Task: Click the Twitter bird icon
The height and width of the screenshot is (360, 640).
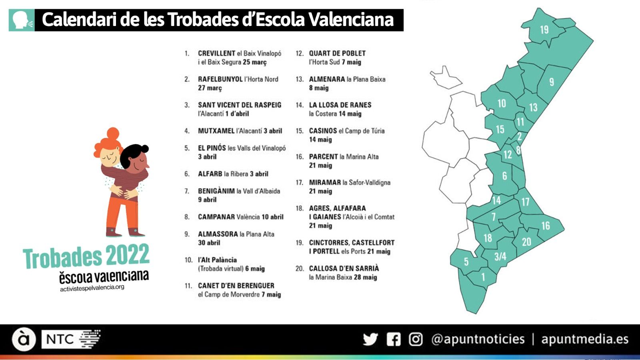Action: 370,339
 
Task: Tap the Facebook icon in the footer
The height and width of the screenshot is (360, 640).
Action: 394,339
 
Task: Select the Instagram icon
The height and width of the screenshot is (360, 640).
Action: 416,339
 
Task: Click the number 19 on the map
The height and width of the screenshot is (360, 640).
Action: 544,30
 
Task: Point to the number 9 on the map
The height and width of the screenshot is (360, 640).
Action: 552,82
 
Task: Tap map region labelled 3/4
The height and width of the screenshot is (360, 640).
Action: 500,256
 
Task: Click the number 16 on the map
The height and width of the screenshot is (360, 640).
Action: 546,226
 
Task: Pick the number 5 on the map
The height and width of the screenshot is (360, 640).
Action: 466,262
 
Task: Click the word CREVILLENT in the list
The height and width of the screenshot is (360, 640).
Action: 216,53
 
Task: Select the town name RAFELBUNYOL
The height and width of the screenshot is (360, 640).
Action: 220,79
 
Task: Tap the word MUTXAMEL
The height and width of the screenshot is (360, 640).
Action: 216,131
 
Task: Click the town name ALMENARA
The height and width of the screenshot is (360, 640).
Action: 327,79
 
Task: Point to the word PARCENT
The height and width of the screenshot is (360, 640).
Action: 323,157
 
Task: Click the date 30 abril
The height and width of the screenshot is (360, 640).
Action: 209,243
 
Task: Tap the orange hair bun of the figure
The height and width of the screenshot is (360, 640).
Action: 113,133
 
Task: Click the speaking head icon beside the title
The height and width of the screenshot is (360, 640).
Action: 22,20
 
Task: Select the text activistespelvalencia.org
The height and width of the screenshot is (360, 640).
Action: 92,288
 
